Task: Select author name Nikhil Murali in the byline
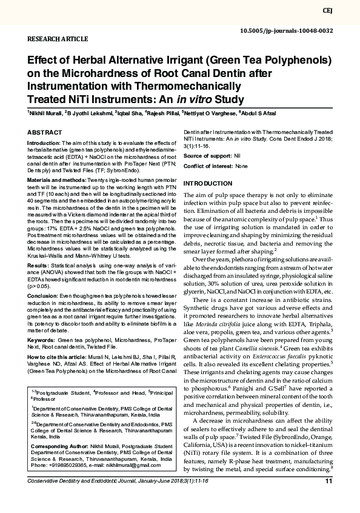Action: coord(46,113)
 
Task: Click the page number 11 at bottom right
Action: coord(328,481)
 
